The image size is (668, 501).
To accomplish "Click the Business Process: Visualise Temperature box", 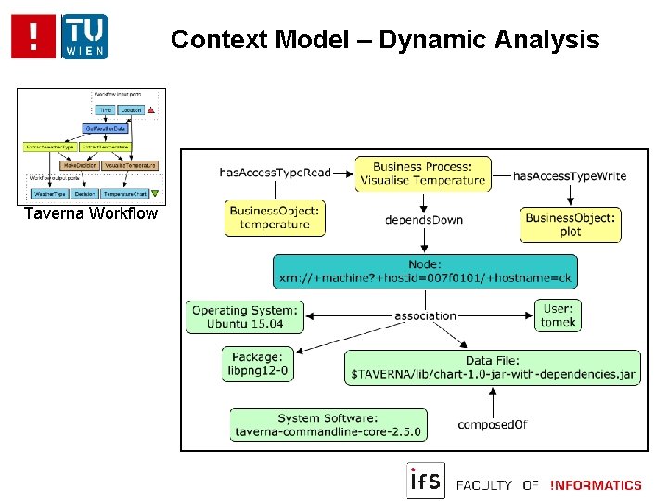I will pos(422,173).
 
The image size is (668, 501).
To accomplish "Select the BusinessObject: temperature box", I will pos(275,218).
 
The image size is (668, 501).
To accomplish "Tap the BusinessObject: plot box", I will pos(570,225).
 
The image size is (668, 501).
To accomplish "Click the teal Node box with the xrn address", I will pos(423,271).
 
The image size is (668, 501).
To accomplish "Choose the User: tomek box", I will pos(558,315).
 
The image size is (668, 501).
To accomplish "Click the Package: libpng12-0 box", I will pos(257,364).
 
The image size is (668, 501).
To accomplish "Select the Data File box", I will pos(493,368).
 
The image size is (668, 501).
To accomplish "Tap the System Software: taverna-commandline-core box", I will pos(328,425).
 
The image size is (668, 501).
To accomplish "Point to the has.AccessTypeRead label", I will pos(275,173).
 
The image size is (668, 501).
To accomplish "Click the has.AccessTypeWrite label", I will pos(569,175).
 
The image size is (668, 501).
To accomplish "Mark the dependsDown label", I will pos(423,220).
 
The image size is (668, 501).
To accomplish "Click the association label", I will pos(425,315).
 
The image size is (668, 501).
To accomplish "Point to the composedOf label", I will pos(492,425).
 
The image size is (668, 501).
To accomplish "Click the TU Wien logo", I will pos(84,37).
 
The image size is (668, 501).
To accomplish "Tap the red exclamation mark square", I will pos(34,37).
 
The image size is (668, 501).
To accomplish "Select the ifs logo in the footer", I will pos(426,481).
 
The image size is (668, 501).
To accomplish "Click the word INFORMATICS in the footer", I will pos(596,484).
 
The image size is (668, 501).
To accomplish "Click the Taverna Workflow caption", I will pos(91,214).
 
